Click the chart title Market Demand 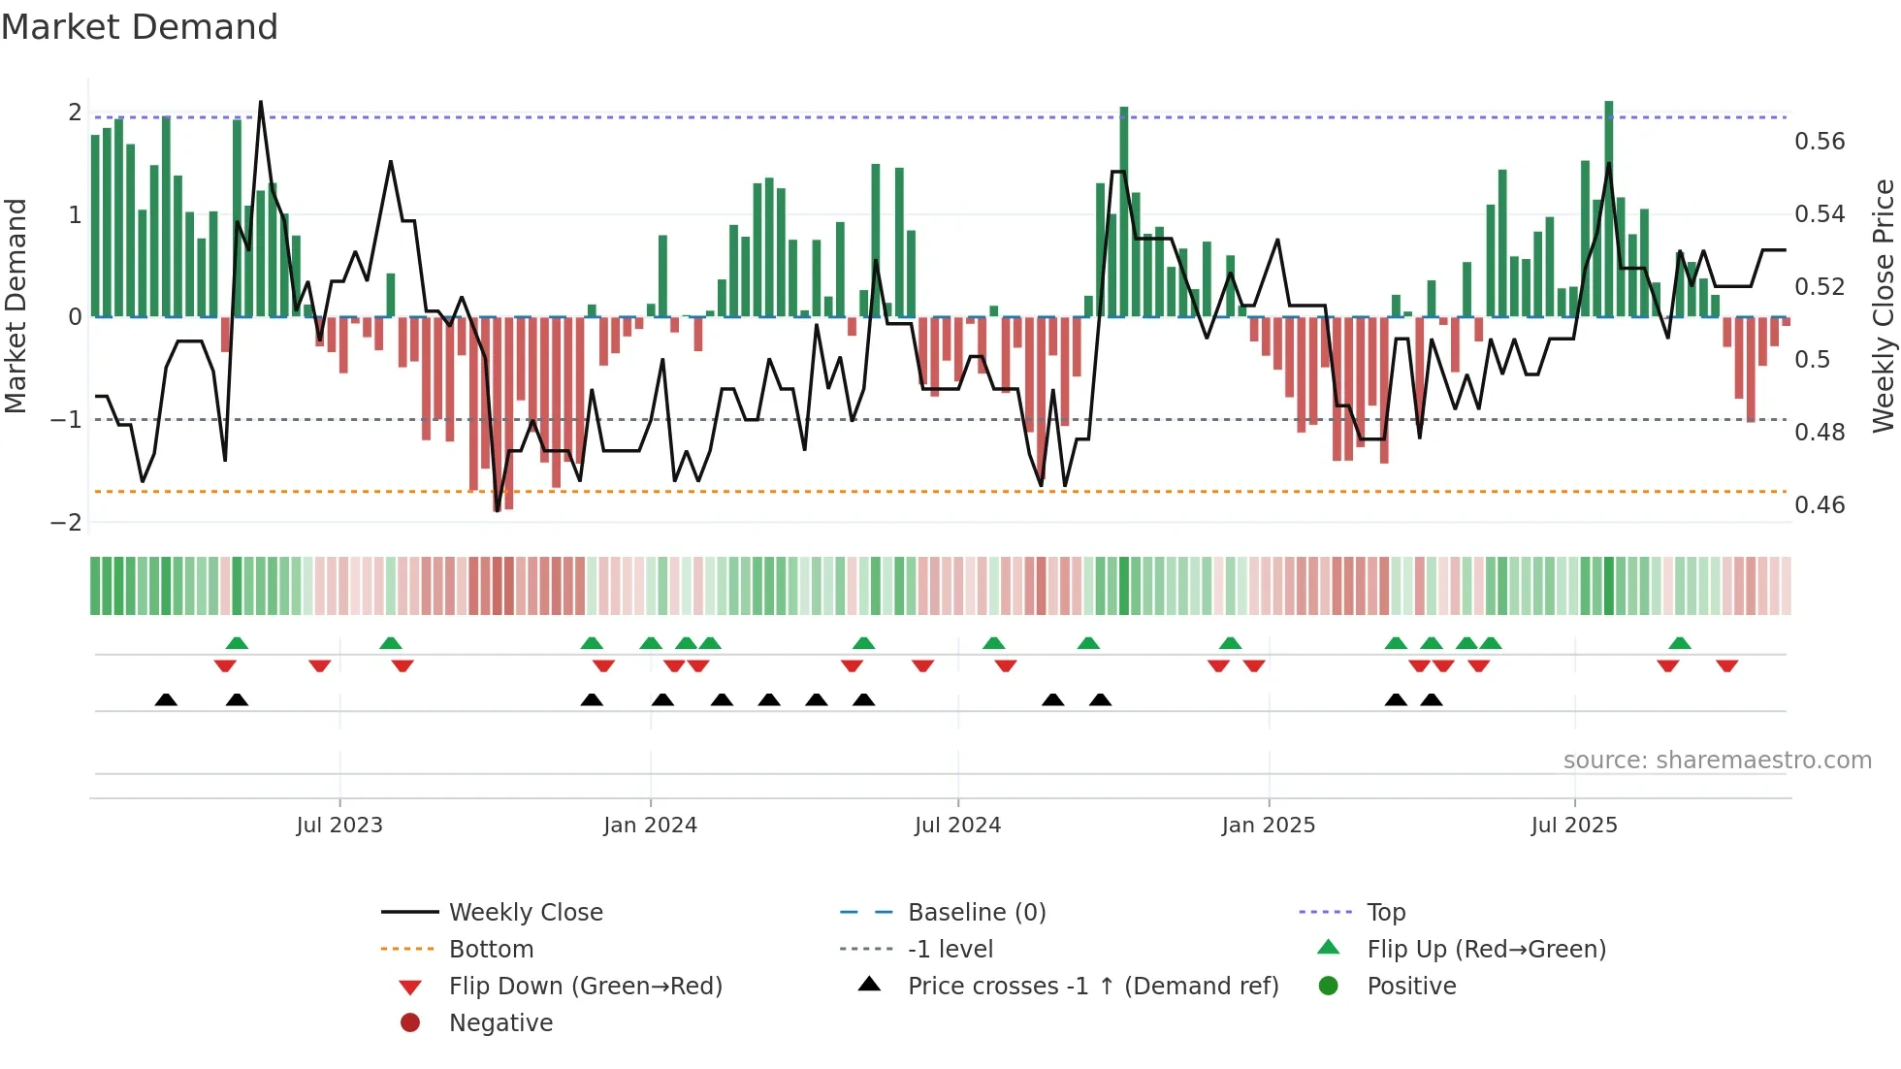pyautogui.click(x=140, y=27)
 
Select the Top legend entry pyautogui.click(x=1385, y=913)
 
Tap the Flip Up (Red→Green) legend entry pyautogui.click(x=1486, y=950)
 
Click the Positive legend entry pyautogui.click(x=1411, y=987)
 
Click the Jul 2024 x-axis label pyautogui.click(x=957, y=826)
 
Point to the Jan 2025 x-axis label pyautogui.click(x=1268, y=826)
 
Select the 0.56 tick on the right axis pyautogui.click(x=1820, y=142)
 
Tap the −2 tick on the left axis pyautogui.click(x=66, y=523)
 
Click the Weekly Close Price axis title pyautogui.click(x=1883, y=306)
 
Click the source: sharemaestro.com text pyautogui.click(x=1717, y=761)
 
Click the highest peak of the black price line pyautogui.click(x=260, y=102)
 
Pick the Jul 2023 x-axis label pyautogui.click(x=339, y=826)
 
